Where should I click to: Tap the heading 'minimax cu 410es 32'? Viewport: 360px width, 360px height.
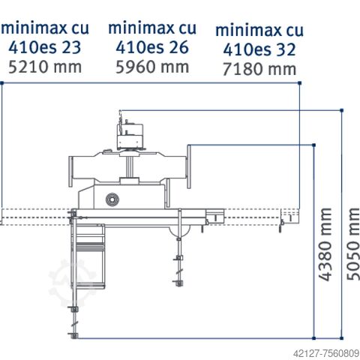click(259, 40)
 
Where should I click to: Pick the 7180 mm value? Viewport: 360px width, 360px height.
click(259, 70)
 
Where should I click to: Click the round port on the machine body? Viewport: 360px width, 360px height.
click(112, 199)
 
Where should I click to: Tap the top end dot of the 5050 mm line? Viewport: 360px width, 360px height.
click(342, 110)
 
